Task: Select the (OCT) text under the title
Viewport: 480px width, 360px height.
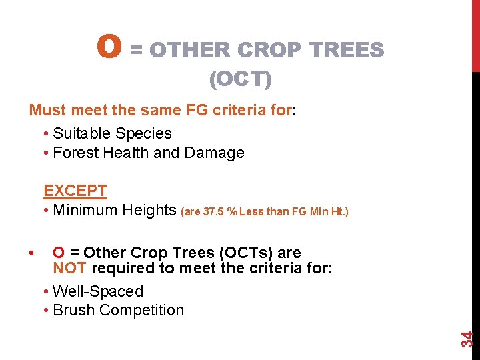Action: click(240, 80)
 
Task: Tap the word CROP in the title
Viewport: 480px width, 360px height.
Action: click(269, 50)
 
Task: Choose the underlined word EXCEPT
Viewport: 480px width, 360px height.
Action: click(75, 191)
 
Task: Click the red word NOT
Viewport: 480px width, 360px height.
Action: click(70, 269)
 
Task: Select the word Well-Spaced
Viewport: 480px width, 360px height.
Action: click(98, 291)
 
